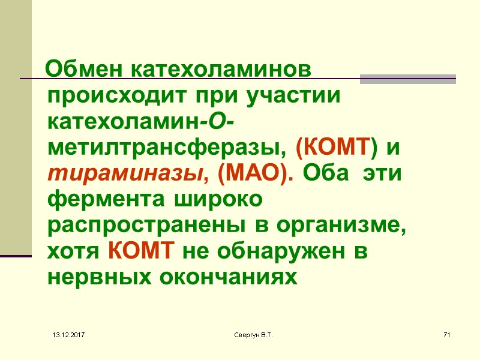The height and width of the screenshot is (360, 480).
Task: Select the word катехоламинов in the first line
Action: [221, 70]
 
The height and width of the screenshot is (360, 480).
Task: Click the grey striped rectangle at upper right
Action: [407, 79]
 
